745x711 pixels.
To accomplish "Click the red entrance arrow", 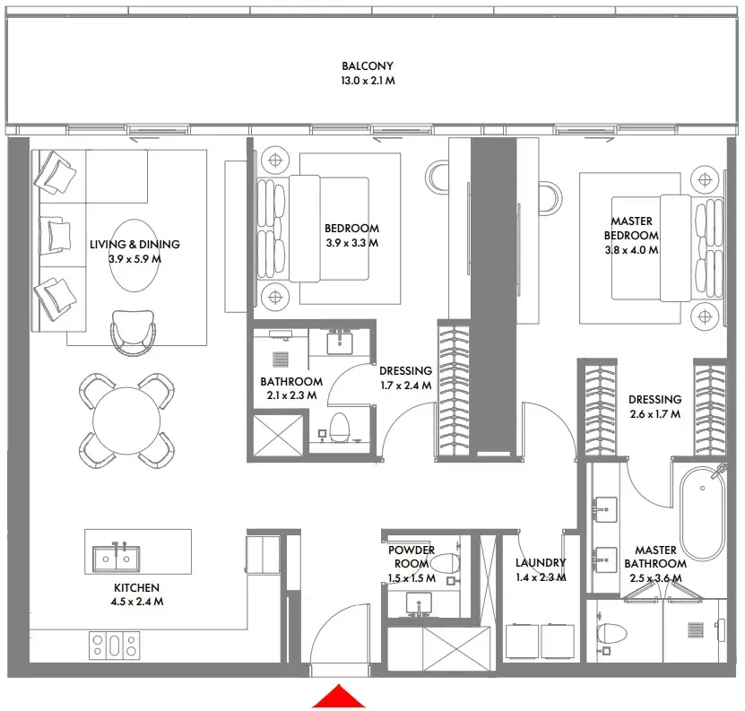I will point(339,698).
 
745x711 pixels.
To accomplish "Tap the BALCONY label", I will point(367,66).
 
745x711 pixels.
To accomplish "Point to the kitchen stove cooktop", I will point(114,645).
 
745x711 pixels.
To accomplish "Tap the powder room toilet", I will point(445,564).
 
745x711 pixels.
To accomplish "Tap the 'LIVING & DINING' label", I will point(134,244).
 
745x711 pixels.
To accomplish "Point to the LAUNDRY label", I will point(541,563).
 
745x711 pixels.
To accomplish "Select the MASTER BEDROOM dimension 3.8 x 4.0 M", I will point(631,250).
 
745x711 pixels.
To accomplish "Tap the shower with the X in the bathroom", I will point(279,438).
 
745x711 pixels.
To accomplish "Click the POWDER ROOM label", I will point(411,551).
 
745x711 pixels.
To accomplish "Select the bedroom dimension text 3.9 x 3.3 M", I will point(351,242).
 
